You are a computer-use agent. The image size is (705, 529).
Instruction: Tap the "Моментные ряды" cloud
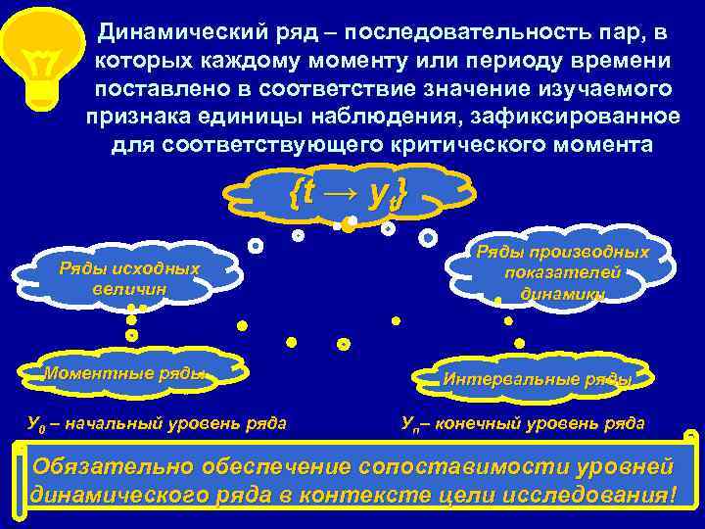point(126,373)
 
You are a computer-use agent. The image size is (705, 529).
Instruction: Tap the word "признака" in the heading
point(132,117)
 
